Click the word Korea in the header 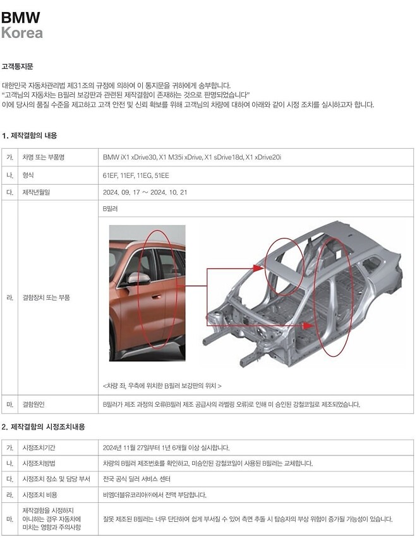(22, 32)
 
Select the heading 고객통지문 (17, 66)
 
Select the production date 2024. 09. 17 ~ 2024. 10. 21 (145, 192)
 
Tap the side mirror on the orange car (138, 278)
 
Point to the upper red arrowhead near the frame (258, 268)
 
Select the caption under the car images (162, 385)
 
